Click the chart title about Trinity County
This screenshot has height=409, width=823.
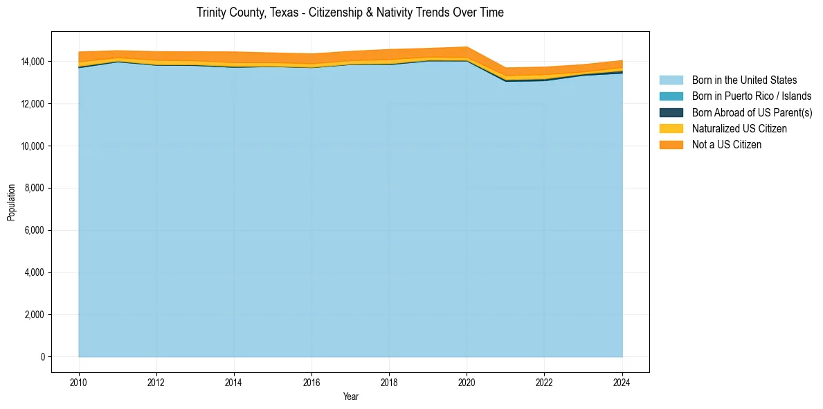[x=350, y=12]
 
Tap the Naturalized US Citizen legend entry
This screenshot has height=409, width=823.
[x=739, y=129]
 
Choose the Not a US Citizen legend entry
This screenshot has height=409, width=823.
[x=726, y=145]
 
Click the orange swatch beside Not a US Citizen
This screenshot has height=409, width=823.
[x=671, y=145]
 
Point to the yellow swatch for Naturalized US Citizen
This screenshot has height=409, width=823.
[x=671, y=129]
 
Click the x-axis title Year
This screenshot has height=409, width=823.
[x=350, y=397]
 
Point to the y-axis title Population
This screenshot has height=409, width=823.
[x=11, y=202]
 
